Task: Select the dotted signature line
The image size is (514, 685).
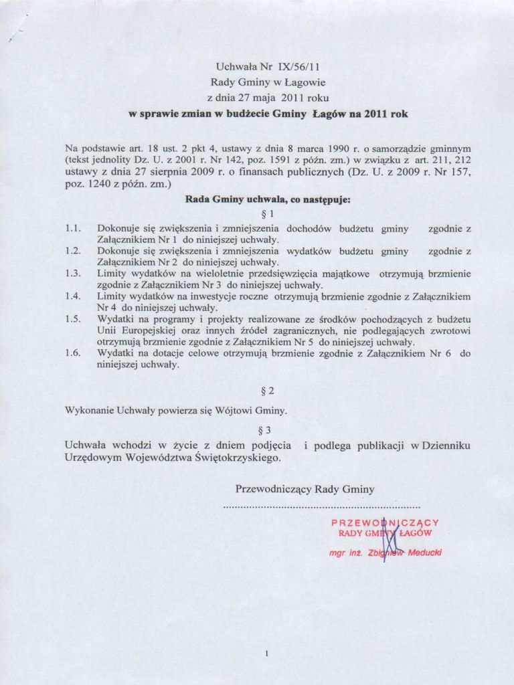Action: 321,508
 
